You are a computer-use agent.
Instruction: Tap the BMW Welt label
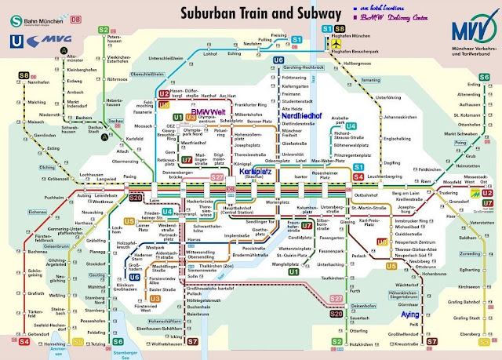pos(209,112)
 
